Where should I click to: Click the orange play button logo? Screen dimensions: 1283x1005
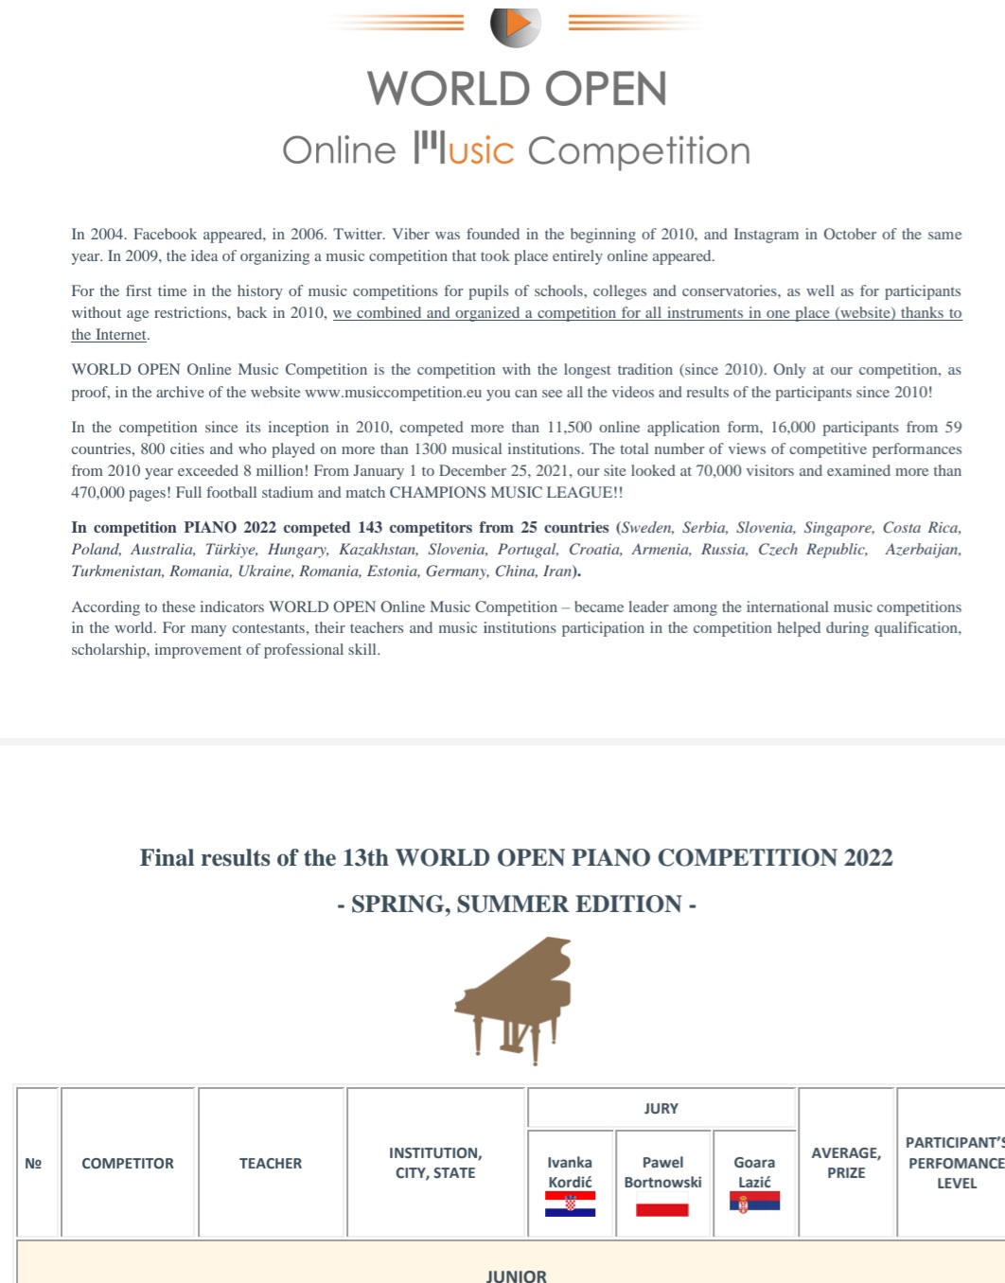(x=515, y=25)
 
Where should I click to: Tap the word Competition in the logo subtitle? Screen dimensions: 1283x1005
(x=639, y=151)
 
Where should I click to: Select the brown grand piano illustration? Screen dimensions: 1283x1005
(x=514, y=999)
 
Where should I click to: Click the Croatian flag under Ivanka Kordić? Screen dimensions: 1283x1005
(x=570, y=1204)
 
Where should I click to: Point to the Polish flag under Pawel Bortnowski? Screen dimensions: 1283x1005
(x=662, y=1209)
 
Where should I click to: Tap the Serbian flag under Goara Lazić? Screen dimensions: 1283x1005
(x=754, y=1202)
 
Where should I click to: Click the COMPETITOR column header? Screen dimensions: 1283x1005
(x=128, y=1163)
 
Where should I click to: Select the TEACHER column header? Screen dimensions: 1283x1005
(x=271, y=1163)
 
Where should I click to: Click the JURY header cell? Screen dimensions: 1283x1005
(x=661, y=1108)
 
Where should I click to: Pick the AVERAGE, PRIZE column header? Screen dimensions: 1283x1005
(x=846, y=1162)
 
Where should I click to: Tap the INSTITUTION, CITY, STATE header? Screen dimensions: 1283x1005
(x=435, y=1162)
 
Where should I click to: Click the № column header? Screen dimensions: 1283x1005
(x=33, y=1163)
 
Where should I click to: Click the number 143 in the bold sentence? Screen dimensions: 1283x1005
(x=370, y=527)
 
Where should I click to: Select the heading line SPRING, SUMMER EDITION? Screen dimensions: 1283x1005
(x=517, y=905)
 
